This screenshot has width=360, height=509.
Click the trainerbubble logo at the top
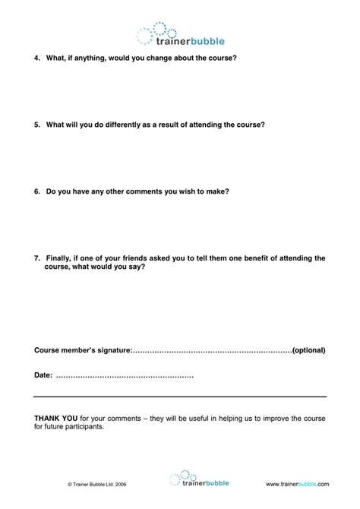point(180,36)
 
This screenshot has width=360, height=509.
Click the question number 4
point(36,58)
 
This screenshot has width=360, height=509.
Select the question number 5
point(36,125)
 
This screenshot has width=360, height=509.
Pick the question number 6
point(36,191)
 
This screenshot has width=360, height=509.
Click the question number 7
point(36,258)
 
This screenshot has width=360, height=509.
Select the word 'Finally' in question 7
point(60,258)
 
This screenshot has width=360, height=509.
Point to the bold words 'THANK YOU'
point(55,418)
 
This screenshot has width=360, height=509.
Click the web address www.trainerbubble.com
point(297,484)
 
